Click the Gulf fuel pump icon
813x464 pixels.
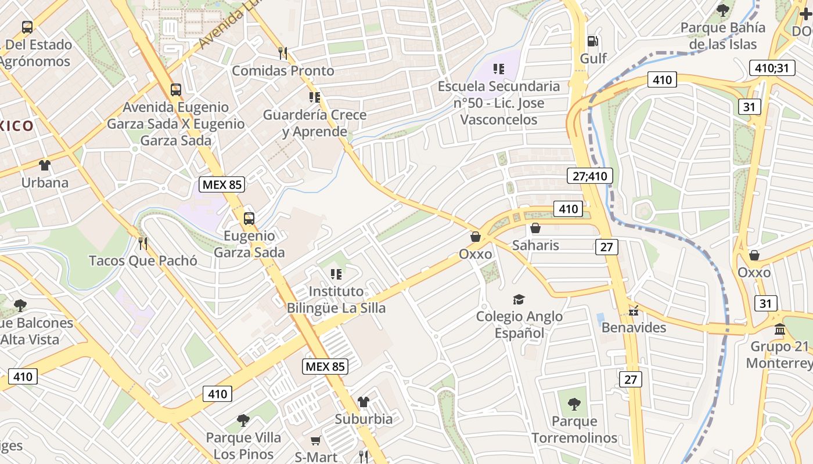pos(592,41)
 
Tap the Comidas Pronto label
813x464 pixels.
pos(283,71)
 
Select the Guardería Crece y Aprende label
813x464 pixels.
pos(315,123)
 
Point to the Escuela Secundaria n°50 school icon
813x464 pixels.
pos(498,70)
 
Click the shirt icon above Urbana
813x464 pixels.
pos(45,165)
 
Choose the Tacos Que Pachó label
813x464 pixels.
pos(143,260)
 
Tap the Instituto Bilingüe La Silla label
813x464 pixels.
pos(336,299)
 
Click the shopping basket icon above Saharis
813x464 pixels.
pos(535,229)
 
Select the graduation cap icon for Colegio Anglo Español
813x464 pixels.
pos(519,299)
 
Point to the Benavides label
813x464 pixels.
pos(634,327)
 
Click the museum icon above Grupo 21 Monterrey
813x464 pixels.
pos(779,329)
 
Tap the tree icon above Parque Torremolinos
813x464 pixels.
pos(574,404)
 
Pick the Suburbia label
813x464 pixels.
pos(364,419)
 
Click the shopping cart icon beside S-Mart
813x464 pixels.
pos(315,441)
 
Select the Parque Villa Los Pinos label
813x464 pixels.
pos(243,445)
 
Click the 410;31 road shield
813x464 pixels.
pos(772,68)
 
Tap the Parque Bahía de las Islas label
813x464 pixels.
pos(722,36)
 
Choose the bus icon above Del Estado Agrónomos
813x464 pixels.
pos(27,27)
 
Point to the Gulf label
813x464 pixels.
pos(593,59)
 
